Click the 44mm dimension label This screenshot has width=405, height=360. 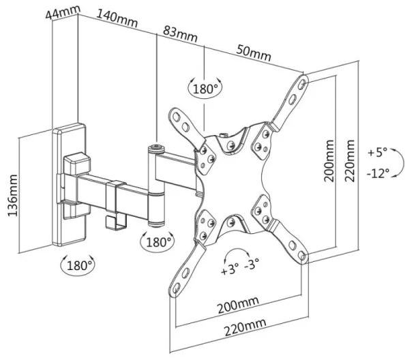tap(63, 12)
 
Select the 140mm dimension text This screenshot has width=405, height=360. tap(117, 18)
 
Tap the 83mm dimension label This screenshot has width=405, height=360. tap(180, 34)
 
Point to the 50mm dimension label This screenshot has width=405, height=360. tap(254, 52)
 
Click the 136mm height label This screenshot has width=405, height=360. tap(13, 196)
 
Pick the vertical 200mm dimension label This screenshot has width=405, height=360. tap(329, 161)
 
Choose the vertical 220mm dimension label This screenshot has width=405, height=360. tap(350, 161)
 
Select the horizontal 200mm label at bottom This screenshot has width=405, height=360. tap(238, 305)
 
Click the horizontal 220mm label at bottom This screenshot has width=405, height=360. tap(245, 327)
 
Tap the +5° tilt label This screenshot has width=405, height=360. tap(378, 152)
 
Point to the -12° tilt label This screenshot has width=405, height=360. tap(378, 173)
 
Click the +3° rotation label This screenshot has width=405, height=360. tap(229, 269)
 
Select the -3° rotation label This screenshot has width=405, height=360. tap(252, 264)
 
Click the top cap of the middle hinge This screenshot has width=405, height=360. tap(156, 149)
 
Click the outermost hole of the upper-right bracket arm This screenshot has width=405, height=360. tap(302, 83)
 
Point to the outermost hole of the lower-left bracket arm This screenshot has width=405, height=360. tap(177, 288)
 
